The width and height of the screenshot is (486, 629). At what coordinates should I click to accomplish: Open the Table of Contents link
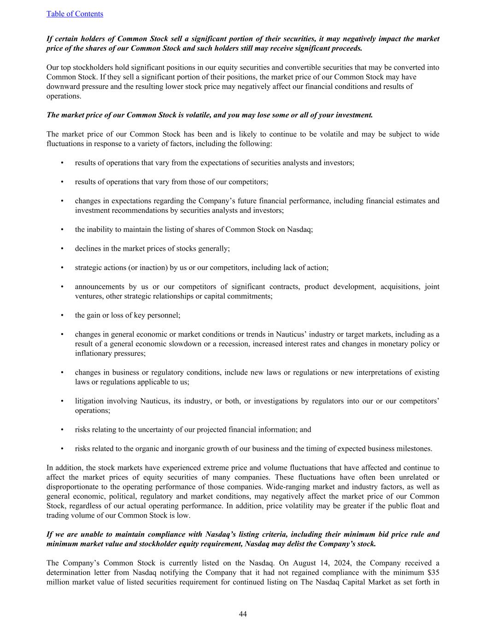pos(75,14)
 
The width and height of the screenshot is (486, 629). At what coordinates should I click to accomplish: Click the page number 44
pos(243,614)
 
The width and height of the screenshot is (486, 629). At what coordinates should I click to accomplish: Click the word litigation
pos(89,401)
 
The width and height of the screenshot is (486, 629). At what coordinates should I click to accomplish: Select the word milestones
pos(414,448)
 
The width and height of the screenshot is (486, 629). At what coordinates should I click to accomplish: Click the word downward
pos(62,87)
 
